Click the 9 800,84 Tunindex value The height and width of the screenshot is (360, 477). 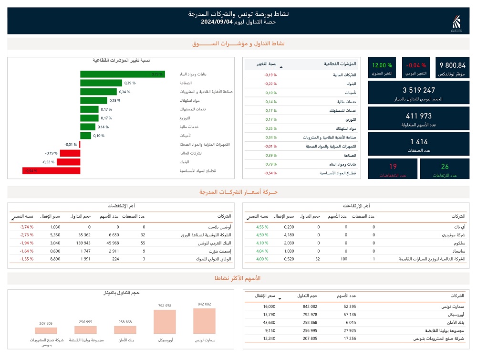point(452,65)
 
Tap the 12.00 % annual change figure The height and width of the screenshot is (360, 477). point(382,65)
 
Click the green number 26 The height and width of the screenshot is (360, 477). point(445,167)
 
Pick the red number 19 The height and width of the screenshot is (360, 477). point(393,167)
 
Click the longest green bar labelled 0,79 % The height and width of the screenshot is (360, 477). point(123,74)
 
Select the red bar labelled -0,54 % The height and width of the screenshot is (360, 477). point(51,171)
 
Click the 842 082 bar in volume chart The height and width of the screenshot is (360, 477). point(204,321)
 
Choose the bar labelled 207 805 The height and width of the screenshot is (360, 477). point(46,330)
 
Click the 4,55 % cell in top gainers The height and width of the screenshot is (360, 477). point(262,227)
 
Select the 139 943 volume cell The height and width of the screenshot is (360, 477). point(81,243)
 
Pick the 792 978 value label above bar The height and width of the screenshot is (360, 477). point(165,306)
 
